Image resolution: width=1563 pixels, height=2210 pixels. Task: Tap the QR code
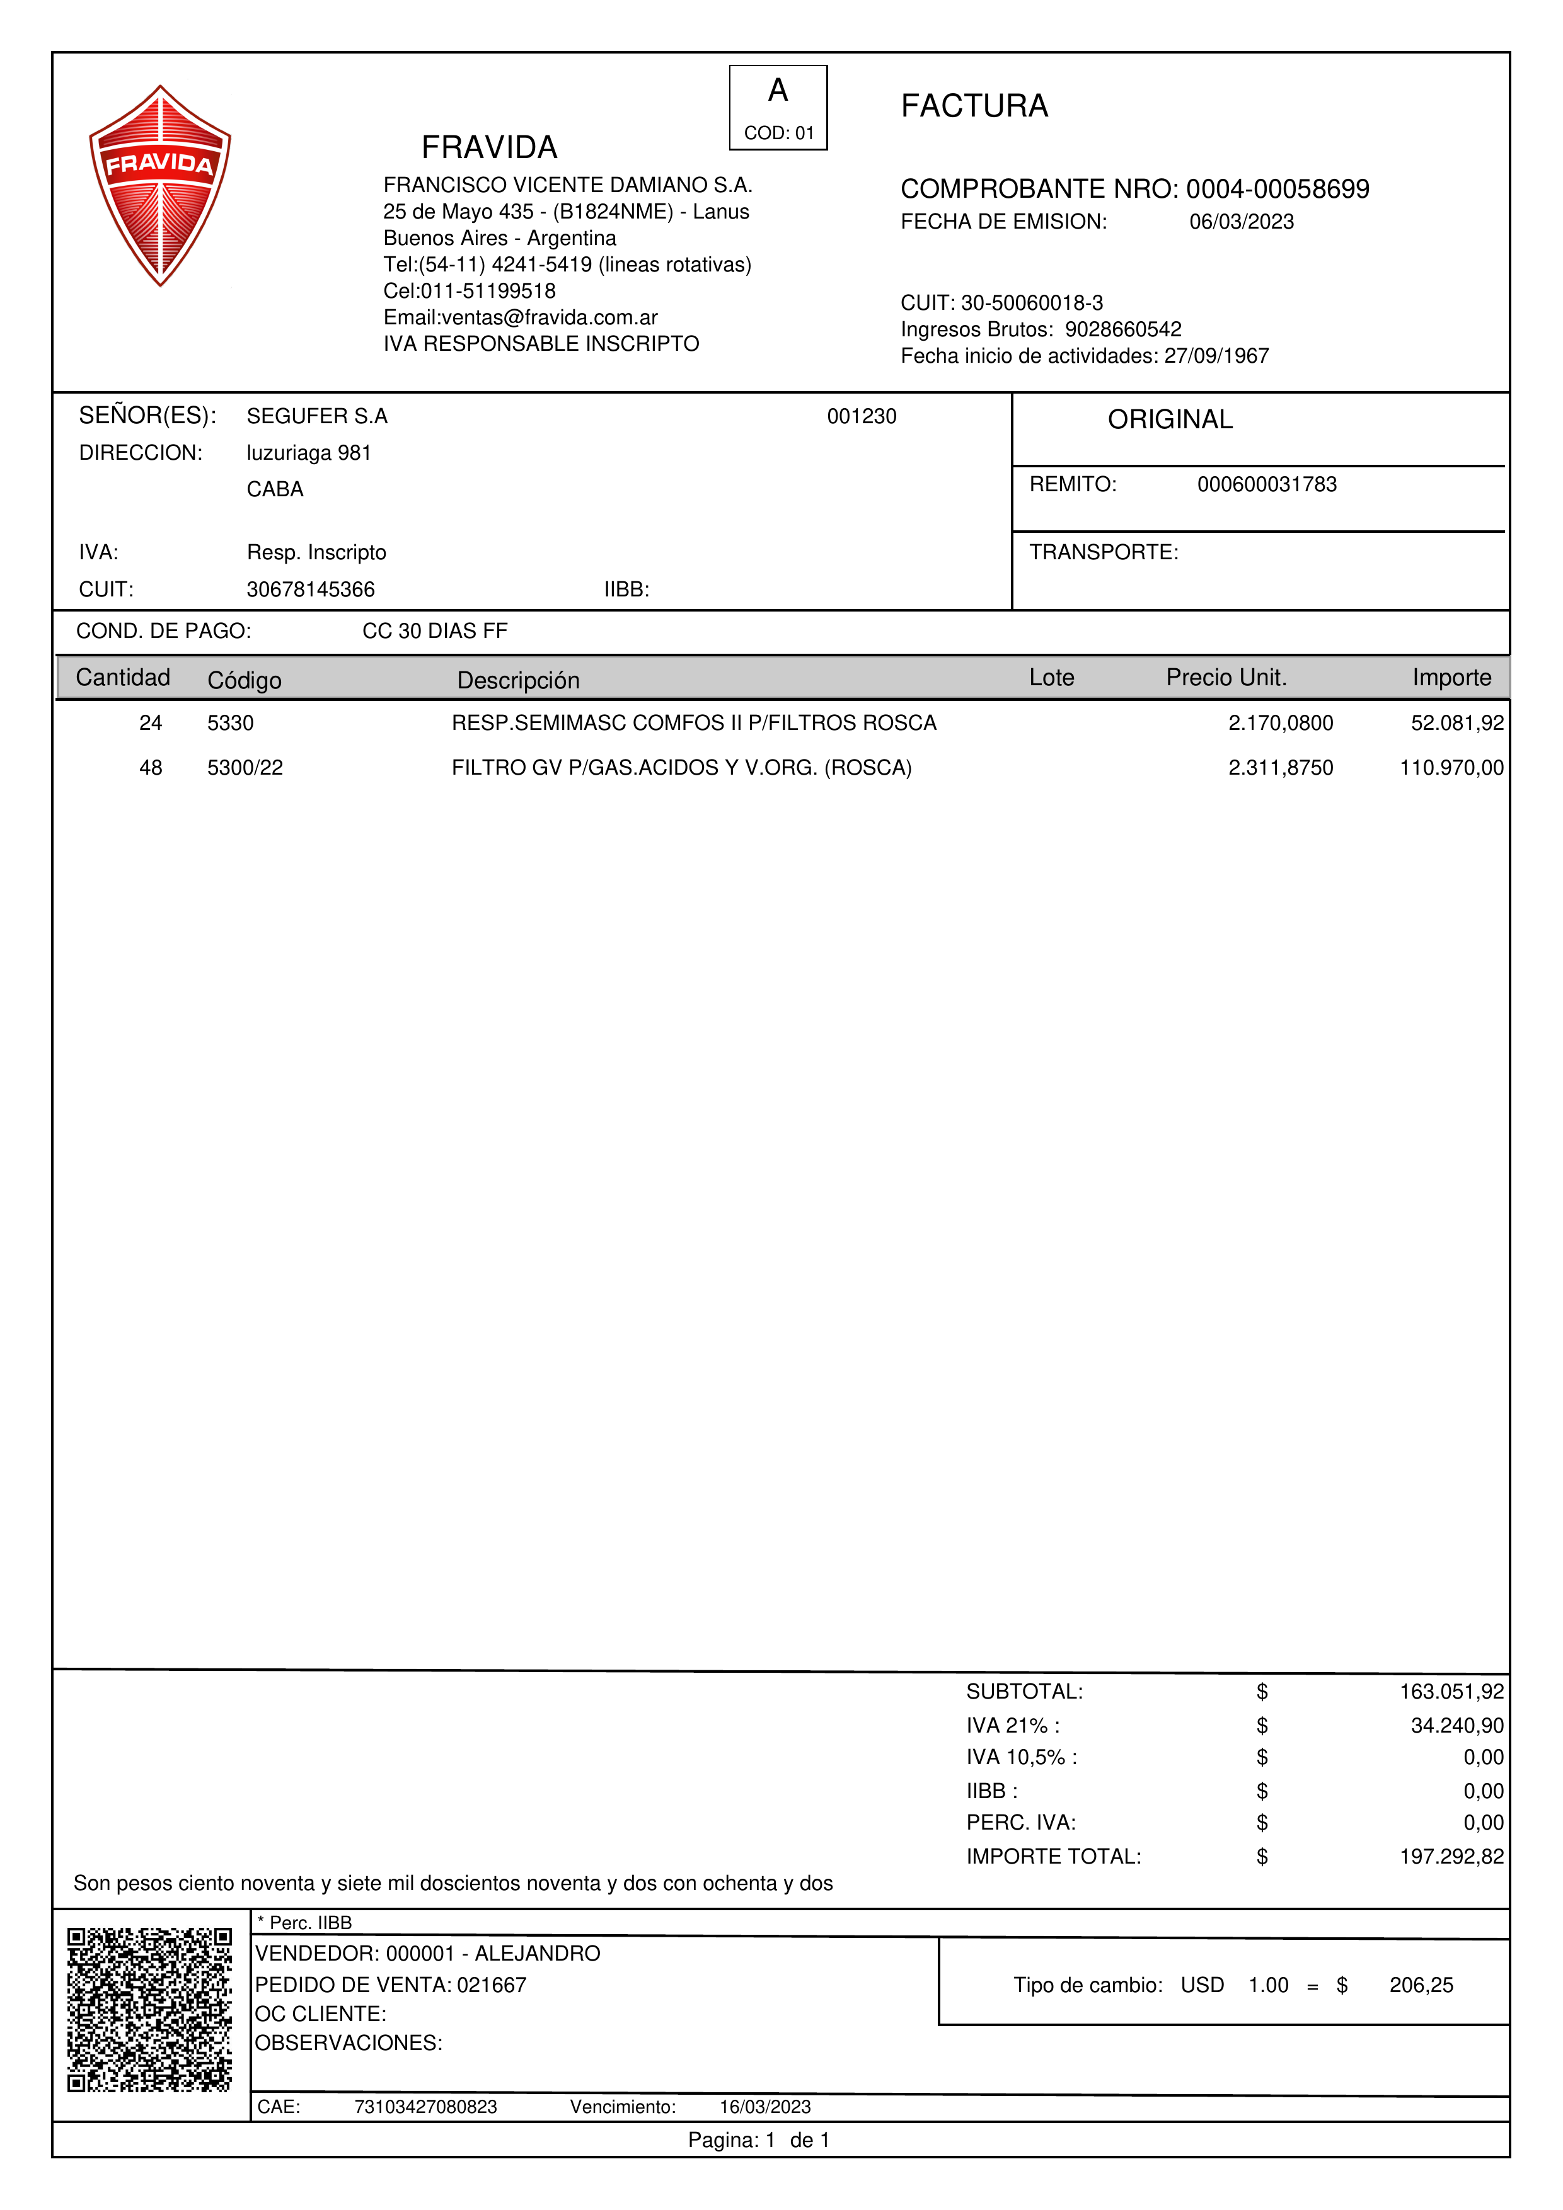149,2009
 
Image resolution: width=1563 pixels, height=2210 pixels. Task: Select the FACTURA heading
974,106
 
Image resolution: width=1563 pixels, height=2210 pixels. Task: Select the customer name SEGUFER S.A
317,417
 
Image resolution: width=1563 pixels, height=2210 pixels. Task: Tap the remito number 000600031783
1266,484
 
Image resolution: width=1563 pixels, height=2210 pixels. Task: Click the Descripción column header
518,681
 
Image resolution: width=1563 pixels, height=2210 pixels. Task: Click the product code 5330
230,723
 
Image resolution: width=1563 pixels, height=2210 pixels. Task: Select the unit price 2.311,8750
1280,768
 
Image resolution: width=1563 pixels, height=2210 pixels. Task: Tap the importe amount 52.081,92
1456,723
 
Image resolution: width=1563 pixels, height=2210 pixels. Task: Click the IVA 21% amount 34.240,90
1456,1726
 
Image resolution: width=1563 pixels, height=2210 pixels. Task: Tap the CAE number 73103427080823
425,2107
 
